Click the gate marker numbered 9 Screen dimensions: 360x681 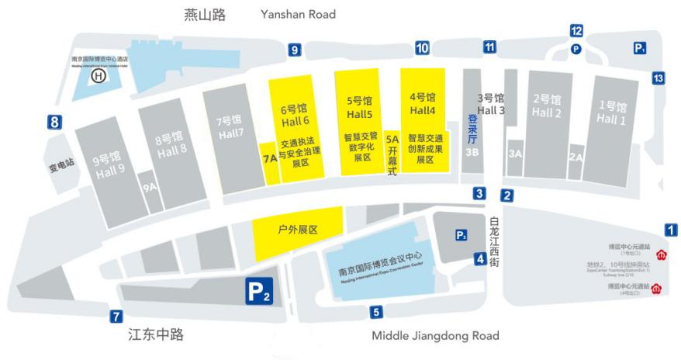pos(294,50)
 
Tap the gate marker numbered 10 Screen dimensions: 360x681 pos(422,48)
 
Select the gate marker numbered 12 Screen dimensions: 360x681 pos(576,31)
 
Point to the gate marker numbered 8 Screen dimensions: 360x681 pos(54,122)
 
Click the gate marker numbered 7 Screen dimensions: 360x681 pos(116,316)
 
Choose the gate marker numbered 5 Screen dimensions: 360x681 pos(376,313)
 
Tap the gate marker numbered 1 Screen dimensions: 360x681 pos(671,230)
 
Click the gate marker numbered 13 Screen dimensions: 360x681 pos(658,78)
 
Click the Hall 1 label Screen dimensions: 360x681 pos(612,112)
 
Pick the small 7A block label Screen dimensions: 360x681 pos(270,159)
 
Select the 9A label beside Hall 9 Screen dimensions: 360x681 pos(150,187)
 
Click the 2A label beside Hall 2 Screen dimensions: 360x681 pos(576,157)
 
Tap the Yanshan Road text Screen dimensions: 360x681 pos(299,14)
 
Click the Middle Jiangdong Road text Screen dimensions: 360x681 pos(435,336)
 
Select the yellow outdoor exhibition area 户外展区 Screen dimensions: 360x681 pos(298,230)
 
